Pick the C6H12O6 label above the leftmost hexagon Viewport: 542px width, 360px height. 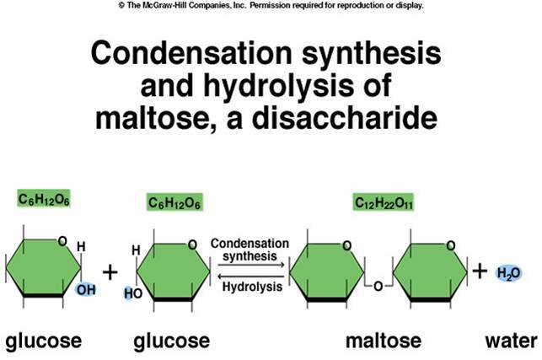pyautogui.click(x=43, y=199)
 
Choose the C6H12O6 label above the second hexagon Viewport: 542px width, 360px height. pyautogui.click(x=174, y=203)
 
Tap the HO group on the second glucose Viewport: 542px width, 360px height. pyautogui.click(x=131, y=293)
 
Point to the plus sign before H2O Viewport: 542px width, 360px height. pyautogui.click(x=479, y=271)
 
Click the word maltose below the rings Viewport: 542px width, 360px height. pyautogui.click(x=381, y=341)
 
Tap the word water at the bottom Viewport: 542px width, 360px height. pyautogui.click(x=510, y=341)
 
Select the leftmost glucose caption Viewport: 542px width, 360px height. pyautogui.click(x=43, y=341)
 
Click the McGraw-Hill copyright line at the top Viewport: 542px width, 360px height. pyautogui.click(x=271, y=5)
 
